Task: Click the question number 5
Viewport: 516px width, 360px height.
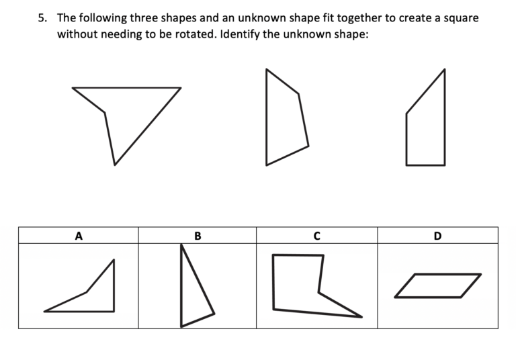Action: tap(42, 18)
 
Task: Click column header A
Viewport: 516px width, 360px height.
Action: tap(79, 236)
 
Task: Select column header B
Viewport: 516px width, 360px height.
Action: tap(198, 236)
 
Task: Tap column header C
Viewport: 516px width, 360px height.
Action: tap(316, 236)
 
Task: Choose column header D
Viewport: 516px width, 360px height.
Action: tap(437, 236)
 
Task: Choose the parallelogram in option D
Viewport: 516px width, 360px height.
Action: tap(438, 285)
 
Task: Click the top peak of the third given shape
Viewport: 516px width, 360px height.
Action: tap(444, 69)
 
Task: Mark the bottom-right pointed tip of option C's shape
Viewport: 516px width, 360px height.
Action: tap(361, 316)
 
